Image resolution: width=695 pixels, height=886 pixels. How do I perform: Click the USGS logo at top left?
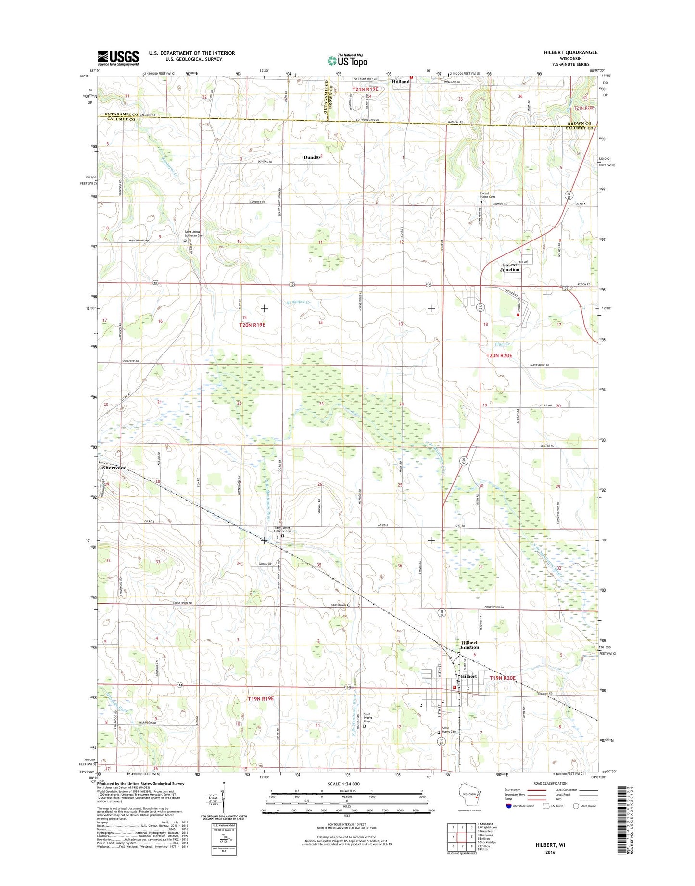click(x=118, y=58)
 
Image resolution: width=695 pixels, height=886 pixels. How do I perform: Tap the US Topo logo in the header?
click(x=347, y=60)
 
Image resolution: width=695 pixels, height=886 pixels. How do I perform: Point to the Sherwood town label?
click(x=114, y=468)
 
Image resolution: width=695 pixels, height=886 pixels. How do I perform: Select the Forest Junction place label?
click(x=510, y=267)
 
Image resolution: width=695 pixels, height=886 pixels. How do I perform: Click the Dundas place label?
click(x=313, y=157)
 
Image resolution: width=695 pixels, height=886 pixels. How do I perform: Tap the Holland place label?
click(x=400, y=82)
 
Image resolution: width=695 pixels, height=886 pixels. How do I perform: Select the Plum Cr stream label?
click(x=502, y=344)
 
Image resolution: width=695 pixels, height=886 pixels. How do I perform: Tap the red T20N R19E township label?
click(x=252, y=325)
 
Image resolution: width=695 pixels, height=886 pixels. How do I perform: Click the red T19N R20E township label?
click(x=502, y=678)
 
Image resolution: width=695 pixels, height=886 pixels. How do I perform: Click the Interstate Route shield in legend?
click(x=508, y=805)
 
